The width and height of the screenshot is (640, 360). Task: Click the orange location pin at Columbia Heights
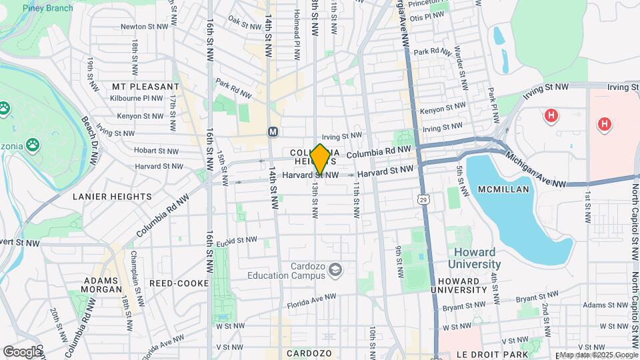(320, 159)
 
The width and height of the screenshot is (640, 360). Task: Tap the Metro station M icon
(273, 132)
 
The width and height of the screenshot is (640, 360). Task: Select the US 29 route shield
(424, 198)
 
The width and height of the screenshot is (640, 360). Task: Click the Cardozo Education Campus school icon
(335, 270)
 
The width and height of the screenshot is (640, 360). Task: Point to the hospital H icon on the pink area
(604, 124)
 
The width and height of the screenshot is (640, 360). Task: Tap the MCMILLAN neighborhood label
(503, 189)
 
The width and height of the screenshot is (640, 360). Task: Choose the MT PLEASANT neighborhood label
(145, 87)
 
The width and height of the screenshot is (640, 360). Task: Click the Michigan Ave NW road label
(537, 169)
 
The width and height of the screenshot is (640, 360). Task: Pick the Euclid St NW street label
(237, 240)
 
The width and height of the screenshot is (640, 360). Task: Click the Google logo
(22, 351)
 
